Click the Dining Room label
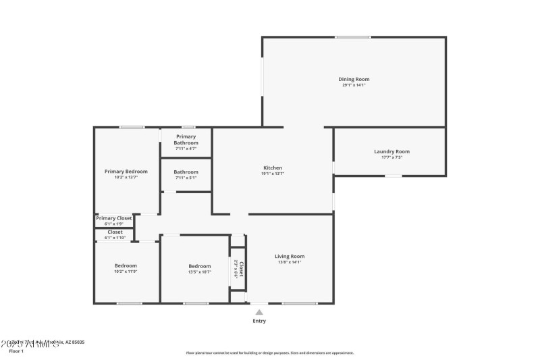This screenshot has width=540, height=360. click(354, 79)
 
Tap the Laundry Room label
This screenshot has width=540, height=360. click(391, 151)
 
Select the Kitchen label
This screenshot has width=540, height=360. click(272, 168)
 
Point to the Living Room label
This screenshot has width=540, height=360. click(290, 256)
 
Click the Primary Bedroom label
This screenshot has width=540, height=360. click(126, 172)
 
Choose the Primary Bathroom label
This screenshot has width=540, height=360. click(186, 140)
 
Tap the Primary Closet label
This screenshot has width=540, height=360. click(114, 218)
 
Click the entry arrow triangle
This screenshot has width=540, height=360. click(259, 311)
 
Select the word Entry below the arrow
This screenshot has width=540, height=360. click(259, 321)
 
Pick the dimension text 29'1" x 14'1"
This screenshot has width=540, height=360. click(354, 85)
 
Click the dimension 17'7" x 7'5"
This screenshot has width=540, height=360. click(391, 157)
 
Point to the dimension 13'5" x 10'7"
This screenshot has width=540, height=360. click(199, 272)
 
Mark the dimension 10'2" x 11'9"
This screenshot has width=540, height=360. click(126, 272)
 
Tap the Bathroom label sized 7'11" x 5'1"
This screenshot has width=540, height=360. click(186, 172)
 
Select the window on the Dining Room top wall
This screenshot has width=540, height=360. click(353, 37)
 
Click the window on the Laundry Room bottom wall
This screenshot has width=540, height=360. click(394, 176)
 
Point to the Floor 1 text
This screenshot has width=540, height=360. click(16, 351)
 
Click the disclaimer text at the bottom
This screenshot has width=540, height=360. click(269, 353)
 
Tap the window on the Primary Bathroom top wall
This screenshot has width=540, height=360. click(188, 127)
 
